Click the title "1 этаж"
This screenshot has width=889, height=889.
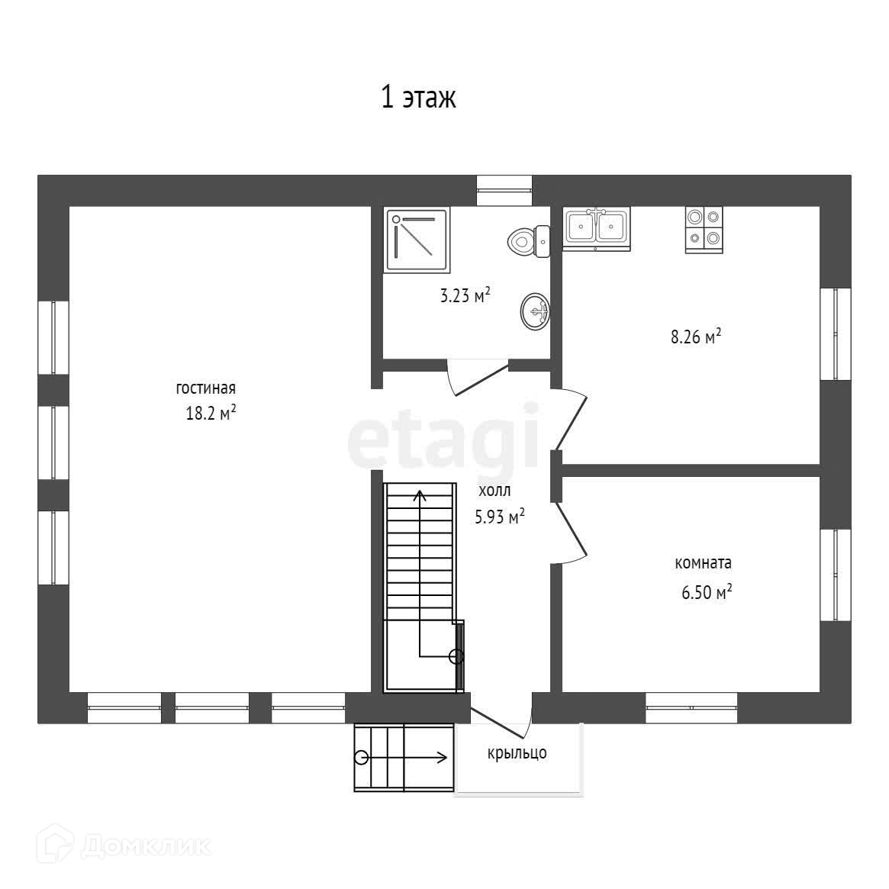click(x=418, y=98)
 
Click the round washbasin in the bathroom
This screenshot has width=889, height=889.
click(x=535, y=311)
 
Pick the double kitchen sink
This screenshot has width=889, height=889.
click(x=597, y=227)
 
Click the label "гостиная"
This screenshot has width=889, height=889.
click(x=205, y=388)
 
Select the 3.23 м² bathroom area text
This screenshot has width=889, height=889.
click(x=465, y=296)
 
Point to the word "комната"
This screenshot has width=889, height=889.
click(x=704, y=563)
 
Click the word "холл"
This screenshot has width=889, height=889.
click(x=494, y=491)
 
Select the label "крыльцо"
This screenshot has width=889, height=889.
click(x=517, y=753)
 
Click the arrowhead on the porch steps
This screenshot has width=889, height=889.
click(x=442, y=757)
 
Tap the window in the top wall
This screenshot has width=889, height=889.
click(x=504, y=189)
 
